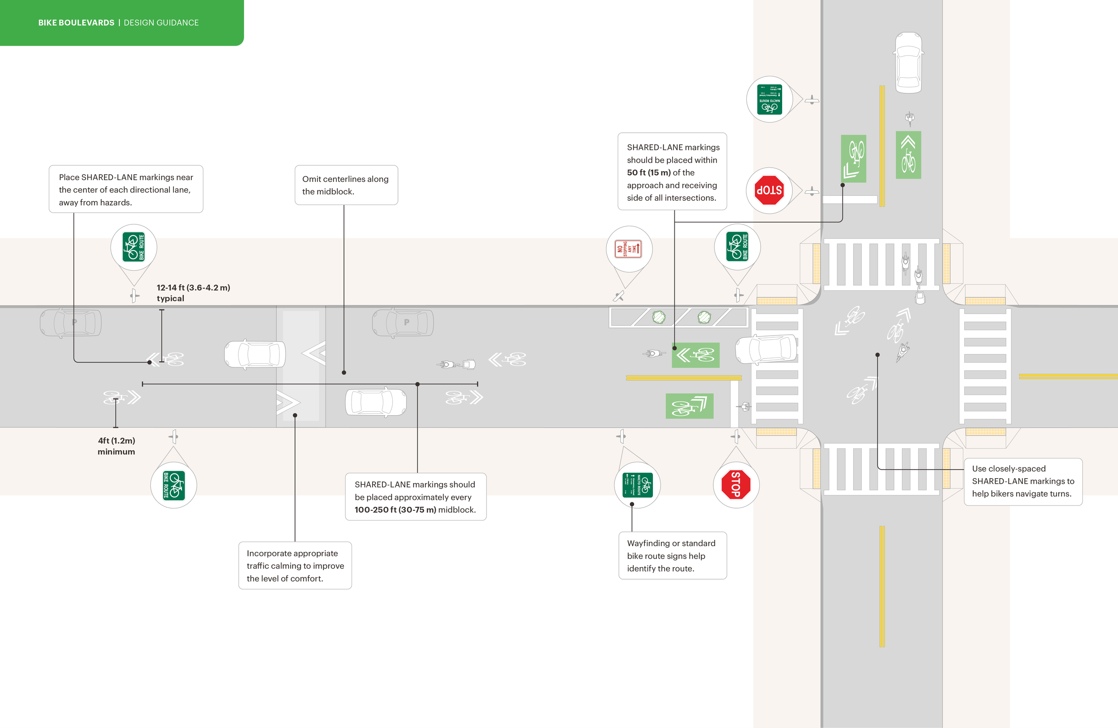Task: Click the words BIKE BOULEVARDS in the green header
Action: coord(76,22)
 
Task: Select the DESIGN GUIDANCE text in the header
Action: coord(161,22)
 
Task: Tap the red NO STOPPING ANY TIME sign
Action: coord(628,249)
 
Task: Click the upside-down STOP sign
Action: coord(769,190)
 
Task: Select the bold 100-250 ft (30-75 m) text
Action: coord(395,510)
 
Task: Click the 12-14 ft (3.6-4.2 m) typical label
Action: coord(193,293)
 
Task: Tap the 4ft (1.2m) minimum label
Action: coord(116,446)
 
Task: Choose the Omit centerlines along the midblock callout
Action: coord(346,185)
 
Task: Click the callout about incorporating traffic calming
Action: coord(295,566)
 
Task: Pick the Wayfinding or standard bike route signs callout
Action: coord(672,556)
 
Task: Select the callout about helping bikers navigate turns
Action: coord(1023,481)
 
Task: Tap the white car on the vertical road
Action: coord(909,63)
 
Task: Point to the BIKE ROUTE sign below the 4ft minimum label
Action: coord(174,485)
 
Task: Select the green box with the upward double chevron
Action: coord(908,155)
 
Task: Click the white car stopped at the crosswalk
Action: coord(766,349)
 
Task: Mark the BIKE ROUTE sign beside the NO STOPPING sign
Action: coord(737,247)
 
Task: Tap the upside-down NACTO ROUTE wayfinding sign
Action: coord(770,100)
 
